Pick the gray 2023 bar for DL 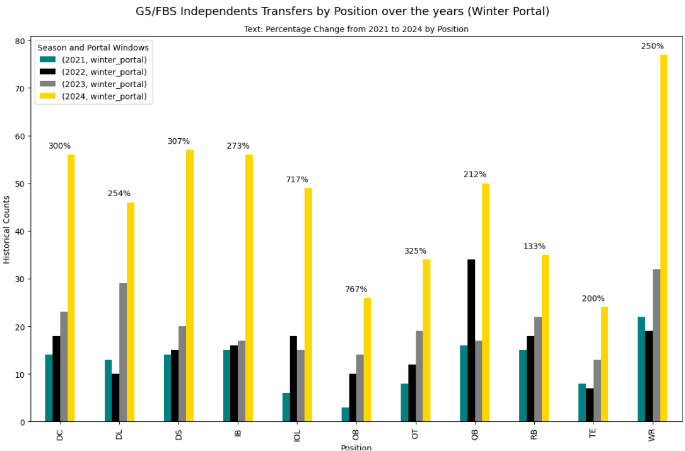click(123, 353)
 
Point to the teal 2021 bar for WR click(641, 369)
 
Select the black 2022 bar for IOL click(293, 378)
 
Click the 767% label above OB click(356, 290)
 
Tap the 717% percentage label click(296, 180)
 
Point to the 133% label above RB click(534, 246)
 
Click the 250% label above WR click(652, 46)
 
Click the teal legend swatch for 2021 click(48, 60)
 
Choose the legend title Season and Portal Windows click(93, 47)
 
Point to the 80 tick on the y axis click(20, 41)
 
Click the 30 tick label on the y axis click(20, 279)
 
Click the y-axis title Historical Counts click(7, 230)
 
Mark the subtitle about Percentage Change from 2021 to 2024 click(356, 29)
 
